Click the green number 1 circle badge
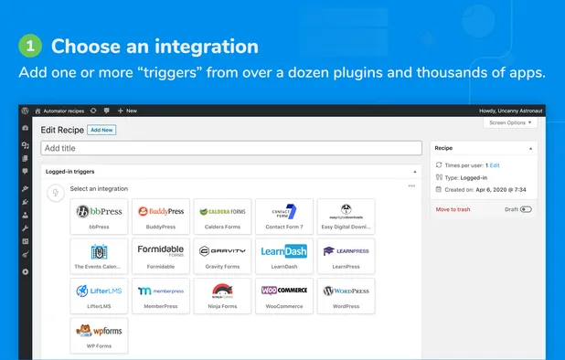tap(31, 46)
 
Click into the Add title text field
tap(229, 147)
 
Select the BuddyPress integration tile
tap(160, 216)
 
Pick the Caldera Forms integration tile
tap(223, 216)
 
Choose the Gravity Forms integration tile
tap(223, 255)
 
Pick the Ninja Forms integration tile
tap(223, 294)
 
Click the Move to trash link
tap(453, 209)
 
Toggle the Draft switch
tap(525, 209)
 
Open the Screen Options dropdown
tap(510, 122)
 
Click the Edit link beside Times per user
tap(494, 164)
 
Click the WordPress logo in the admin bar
tap(26, 111)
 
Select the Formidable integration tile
tap(160, 255)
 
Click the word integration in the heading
tap(208, 46)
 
